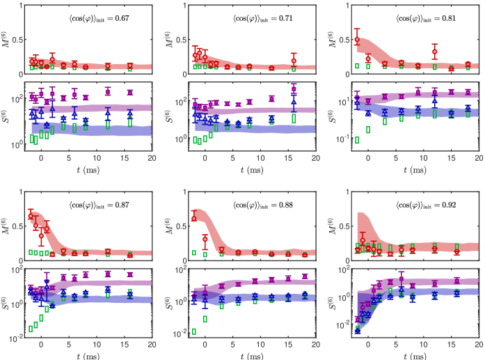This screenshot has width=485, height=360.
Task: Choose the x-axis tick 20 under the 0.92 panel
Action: [479, 345]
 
